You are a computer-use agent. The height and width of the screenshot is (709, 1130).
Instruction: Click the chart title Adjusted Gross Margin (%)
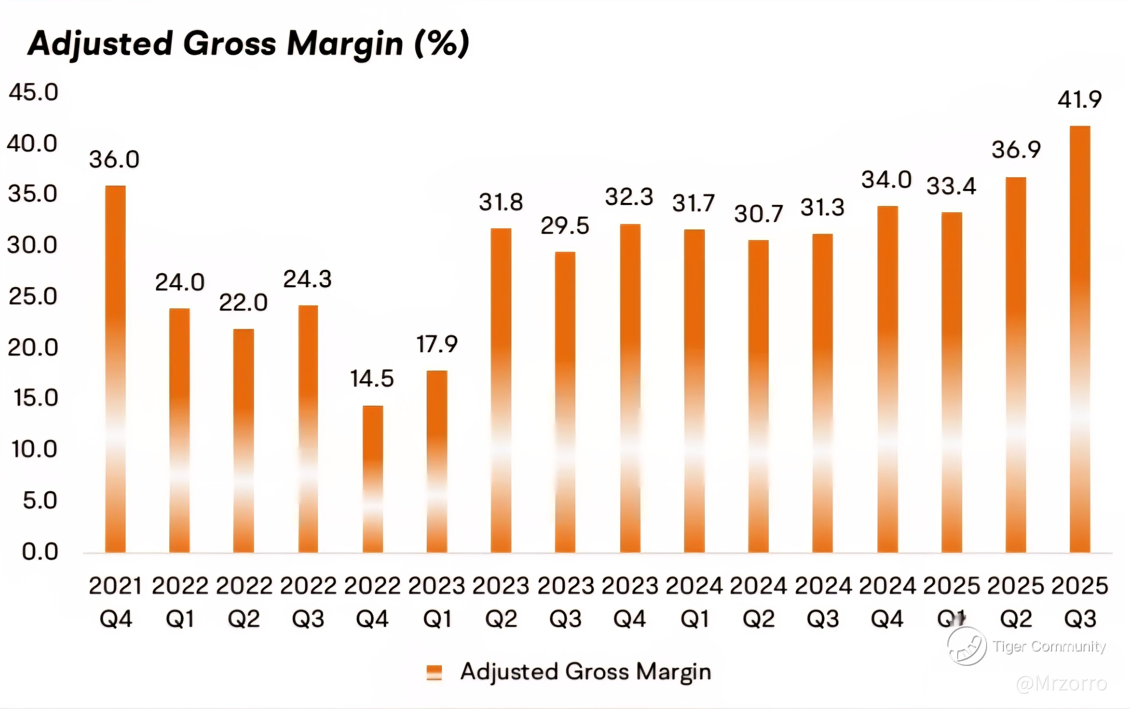click(249, 44)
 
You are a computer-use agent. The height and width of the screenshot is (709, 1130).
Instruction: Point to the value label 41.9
click(1079, 99)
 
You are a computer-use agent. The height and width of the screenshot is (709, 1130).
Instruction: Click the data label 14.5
click(372, 379)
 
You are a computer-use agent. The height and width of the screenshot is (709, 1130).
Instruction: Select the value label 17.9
click(437, 344)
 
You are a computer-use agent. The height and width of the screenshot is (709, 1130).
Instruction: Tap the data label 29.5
click(565, 226)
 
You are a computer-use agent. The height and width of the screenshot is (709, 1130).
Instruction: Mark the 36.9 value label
click(1016, 150)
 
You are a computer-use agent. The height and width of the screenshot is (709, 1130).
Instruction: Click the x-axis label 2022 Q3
click(308, 602)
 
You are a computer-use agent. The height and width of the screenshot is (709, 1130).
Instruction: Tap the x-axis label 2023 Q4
click(630, 602)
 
